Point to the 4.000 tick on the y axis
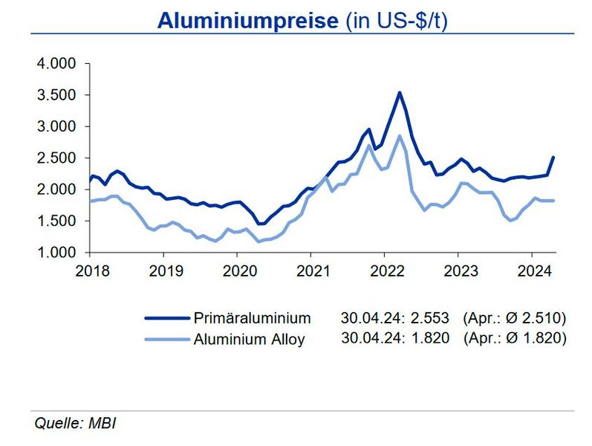pyautogui.click(x=56, y=64)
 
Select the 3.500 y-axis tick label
pyautogui.click(x=56, y=95)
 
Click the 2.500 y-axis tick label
pyautogui.click(x=56, y=158)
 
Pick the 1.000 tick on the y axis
pyautogui.click(x=56, y=253)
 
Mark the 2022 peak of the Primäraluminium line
pyautogui.click(x=400, y=93)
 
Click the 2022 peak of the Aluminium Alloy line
pyautogui.click(x=400, y=136)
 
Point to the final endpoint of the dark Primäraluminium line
pyautogui.click(x=554, y=157)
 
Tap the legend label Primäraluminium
pyautogui.click(x=252, y=318)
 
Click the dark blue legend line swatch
pyautogui.click(x=166, y=318)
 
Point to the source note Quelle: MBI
pyautogui.click(x=76, y=424)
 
